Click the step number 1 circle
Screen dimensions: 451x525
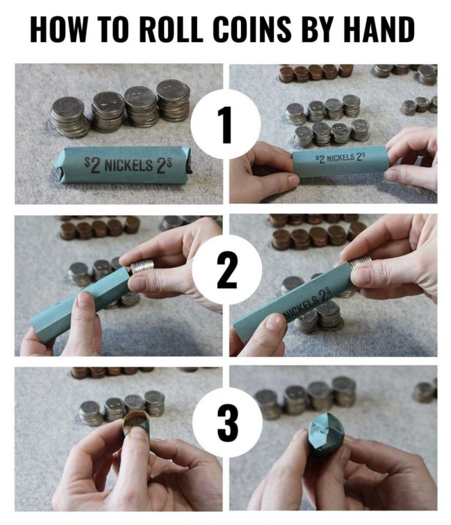(x=226, y=124)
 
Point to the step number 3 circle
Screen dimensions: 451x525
(x=226, y=422)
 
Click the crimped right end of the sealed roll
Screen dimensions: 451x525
(x=189, y=162)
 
